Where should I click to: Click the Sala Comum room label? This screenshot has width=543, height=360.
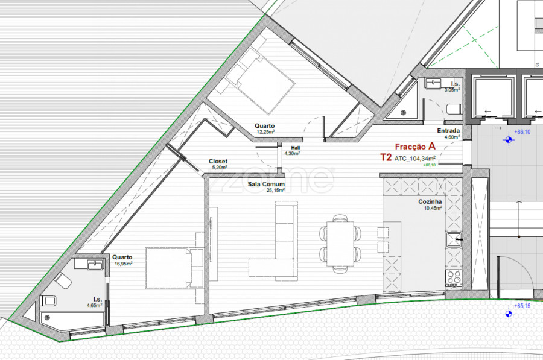(266, 184)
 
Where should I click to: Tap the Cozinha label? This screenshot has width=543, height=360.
(430, 201)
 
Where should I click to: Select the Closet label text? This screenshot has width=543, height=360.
(218, 162)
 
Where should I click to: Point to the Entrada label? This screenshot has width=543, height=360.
(448, 130)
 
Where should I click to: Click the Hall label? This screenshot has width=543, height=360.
(296, 148)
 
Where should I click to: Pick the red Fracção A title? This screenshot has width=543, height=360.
(415, 147)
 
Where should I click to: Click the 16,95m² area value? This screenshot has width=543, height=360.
(123, 264)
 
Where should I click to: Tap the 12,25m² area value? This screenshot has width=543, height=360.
(265, 132)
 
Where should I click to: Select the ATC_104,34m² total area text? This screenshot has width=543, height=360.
(415, 159)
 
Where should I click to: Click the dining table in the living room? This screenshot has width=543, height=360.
(340, 244)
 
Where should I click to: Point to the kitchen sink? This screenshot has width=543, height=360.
(454, 239)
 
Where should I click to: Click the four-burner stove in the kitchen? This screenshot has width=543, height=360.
(454, 278)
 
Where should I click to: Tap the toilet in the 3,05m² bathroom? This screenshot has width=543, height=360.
(454, 109)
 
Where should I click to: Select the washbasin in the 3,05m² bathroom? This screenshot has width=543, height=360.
(433, 84)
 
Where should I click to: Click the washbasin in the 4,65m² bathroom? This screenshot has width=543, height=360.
(95, 265)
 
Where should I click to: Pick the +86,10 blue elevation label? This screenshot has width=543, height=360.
(522, 132)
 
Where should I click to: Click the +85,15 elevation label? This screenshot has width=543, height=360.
(522, 306)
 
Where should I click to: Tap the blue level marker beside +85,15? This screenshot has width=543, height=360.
(509, 314)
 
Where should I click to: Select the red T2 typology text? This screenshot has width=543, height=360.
(386, 158)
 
